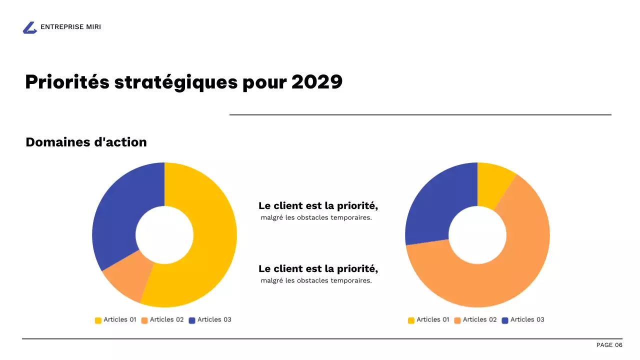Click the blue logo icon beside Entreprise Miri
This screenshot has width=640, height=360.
click(x=30, y=28)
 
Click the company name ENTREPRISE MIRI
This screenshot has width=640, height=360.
click(x=70, y=27)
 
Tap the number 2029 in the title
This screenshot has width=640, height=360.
click(x=317, y=82)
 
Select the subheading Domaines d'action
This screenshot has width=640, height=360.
click(x=86, y=142)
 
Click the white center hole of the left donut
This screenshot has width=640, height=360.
click(x=164, y=235)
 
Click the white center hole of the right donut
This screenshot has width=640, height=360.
click(x=477, y=235)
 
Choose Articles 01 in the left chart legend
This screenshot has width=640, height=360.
click(x=119, y=319)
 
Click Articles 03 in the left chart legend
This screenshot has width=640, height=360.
click(x=214, y=319)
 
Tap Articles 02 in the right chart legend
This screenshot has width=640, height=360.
click(x=479, y=319)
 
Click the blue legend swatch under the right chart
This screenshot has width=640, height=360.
click(x=504, y=320)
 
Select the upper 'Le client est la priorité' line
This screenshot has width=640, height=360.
click(x=318, y=205)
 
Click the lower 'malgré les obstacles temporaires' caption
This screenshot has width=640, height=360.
click(x=316, y=280)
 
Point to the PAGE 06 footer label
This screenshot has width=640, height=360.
click(x=609, y=345)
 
